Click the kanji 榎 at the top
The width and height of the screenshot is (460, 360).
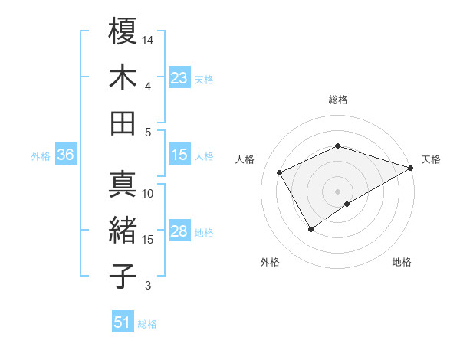(x=123, y=32)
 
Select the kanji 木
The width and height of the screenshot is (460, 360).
(x=123, y=78)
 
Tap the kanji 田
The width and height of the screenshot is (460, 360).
(x=123, y=123)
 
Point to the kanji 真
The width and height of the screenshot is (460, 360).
(x=123, y=185)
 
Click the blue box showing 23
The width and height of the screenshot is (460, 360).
(x=179, y=78)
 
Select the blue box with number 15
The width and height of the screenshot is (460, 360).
(x=179, y=155)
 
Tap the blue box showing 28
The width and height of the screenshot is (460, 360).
(x=179, y=232)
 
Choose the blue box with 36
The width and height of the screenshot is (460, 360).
(x=66, y=155)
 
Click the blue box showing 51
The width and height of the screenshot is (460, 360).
(x=123, y=323)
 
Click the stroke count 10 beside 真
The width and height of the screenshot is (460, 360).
(x=148, y=194)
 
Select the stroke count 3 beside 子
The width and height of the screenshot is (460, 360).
(x=148, y=286)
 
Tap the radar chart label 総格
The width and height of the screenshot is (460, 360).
(x=337, y=100)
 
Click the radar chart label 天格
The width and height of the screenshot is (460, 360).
(x=431, y=159)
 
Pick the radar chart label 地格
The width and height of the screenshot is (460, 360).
(x=402, y=262)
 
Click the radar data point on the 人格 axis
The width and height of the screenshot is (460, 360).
(x=280, y=172)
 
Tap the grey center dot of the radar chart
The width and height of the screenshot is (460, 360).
(x=337, y=190)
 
